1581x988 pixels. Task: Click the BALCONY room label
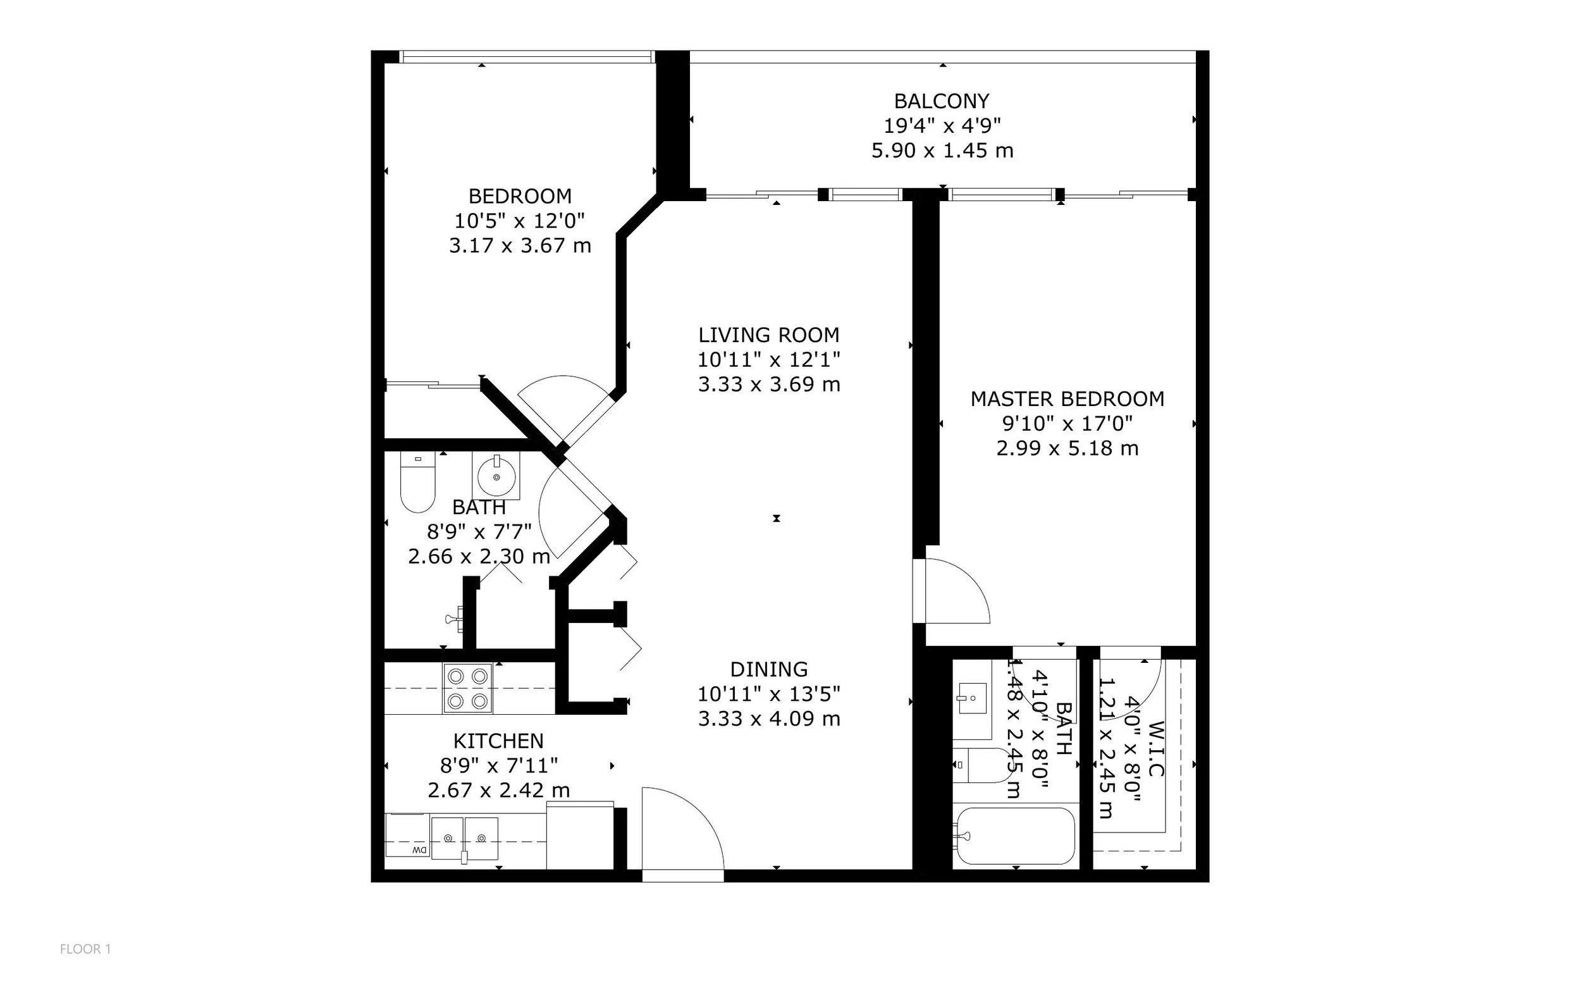tap(942, 101)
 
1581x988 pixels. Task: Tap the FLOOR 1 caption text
tap(85, 949)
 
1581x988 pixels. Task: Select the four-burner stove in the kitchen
tap(468, 688)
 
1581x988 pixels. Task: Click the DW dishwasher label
tap(419, 850)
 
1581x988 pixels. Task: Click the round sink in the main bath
tap(496, 476)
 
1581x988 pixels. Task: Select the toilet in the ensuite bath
tap(980, 765)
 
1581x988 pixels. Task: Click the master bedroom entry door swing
tap(955, 591)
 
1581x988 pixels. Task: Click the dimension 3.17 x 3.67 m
tap(520, 245)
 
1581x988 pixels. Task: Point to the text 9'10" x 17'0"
tap(1067, 423)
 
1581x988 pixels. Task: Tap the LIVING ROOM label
tap(769, 335)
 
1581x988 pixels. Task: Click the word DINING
tap(769, 669)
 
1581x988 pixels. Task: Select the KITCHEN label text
tap(498, 741)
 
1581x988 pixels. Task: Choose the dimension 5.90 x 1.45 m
tap(942, 151)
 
